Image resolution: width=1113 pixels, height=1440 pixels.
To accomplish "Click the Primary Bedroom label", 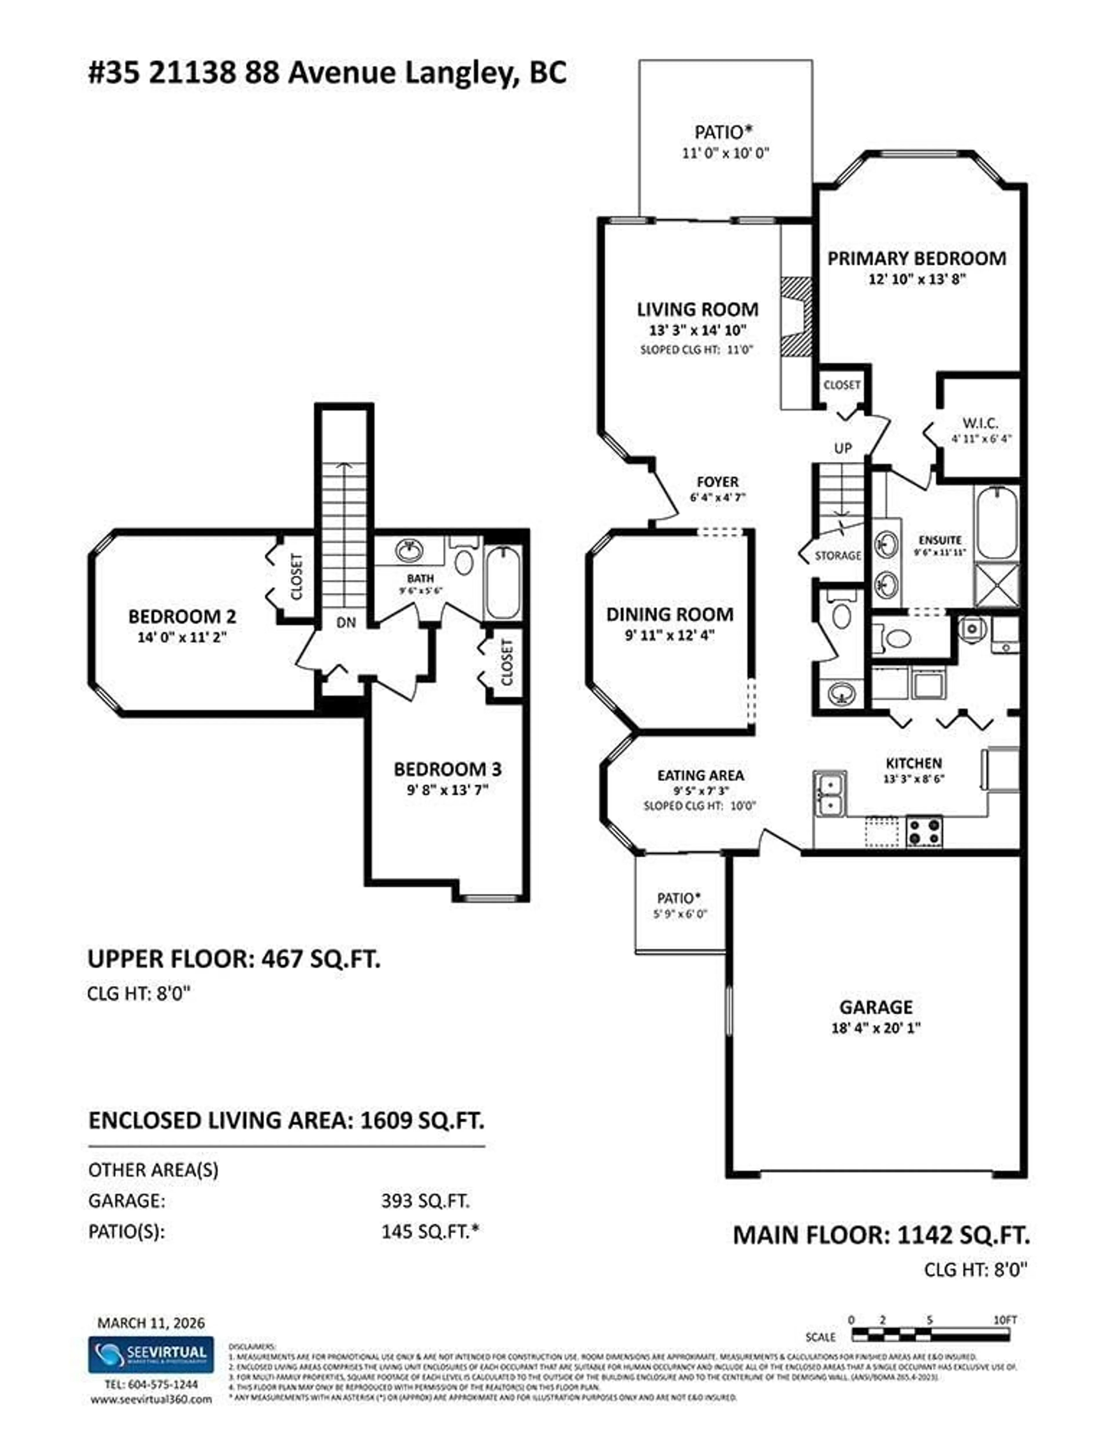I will [x=916, y=259].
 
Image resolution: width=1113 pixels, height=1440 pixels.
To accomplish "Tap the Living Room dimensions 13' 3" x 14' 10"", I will [x=697, y=330].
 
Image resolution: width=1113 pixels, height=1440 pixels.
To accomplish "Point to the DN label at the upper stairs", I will [x=345, y=622].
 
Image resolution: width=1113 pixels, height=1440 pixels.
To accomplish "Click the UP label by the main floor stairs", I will [x=843, y=448].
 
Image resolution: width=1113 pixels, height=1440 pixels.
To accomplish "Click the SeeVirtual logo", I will [x=151, y=1354].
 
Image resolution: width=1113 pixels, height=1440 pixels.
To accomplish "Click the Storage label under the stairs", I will [x=837, y=555].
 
